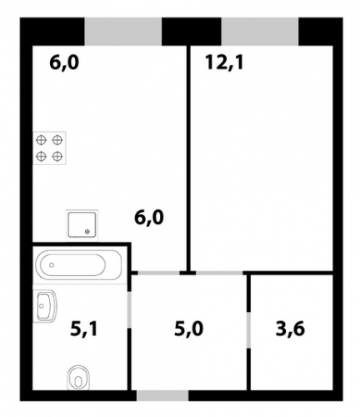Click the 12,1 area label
click(224, 63)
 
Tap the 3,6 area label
click(290, 329)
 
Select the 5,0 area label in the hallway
click(189, 329)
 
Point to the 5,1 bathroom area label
click(84, 329)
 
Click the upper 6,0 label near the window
click(64, 63)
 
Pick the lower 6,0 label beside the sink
click(149, 218)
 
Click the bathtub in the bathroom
click(79, 265)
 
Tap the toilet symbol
click(79, 378)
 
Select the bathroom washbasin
click(45, 306)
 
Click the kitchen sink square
click(82, 224)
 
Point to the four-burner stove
click(49, 148)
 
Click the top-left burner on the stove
click(41, 140)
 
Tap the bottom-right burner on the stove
click(57, 156)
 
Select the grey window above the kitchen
click(123, 32)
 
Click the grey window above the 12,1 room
click(260, 32)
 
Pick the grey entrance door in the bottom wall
click(162, 395)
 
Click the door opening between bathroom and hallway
click(129, 309)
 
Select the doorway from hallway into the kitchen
click(159, 273)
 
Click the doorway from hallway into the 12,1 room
click(219, 273)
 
